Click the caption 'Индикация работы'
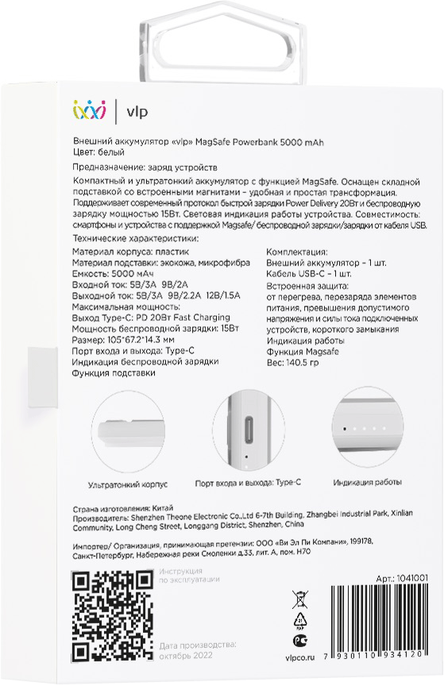point(367,481)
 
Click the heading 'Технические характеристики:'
point(135,238)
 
